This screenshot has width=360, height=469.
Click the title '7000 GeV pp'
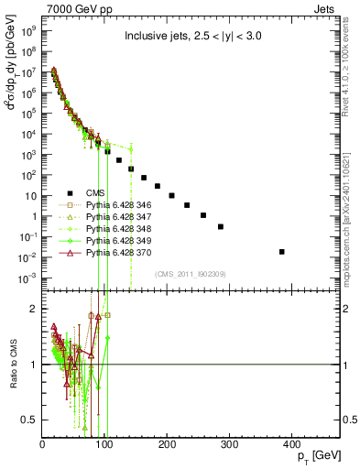[74, 7]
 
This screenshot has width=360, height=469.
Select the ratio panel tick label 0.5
[32, 420]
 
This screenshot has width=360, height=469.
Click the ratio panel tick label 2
[35, 310]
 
